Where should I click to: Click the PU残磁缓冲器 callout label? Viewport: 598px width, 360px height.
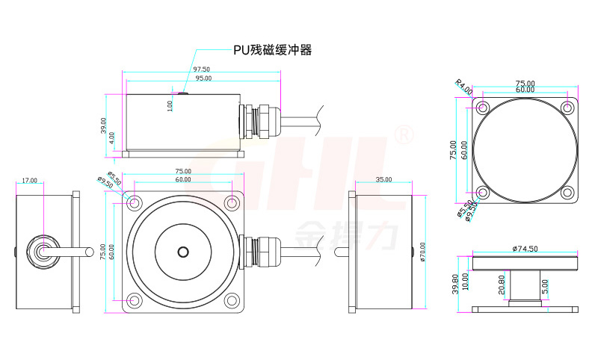click(x=271, y=50)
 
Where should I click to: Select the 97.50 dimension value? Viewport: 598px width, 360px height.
click(x=202, y=69)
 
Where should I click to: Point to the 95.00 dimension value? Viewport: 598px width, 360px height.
click(x=202, y=78)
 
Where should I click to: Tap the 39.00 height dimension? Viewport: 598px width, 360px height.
click(x=103, y=125)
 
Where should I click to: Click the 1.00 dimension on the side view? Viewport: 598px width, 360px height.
click(x=170, y=106)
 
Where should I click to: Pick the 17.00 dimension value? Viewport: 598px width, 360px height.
click(x=30, y=180)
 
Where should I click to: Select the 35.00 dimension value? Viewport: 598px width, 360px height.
click(x=383, y=180)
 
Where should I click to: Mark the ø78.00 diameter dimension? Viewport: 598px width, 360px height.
click(x=423, y=251)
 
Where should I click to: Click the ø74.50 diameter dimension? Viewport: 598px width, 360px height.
click(x=525, y=248)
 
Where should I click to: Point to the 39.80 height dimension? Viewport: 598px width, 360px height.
click(x=455, y=283)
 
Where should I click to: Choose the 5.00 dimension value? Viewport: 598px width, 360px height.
click(x=545, y=285)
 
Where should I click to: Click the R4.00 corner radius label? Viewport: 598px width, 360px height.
click(x=464, y=87)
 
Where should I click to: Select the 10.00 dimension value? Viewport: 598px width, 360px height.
click(x=464, y=282)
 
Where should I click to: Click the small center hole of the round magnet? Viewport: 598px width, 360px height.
click(x=182, y=252)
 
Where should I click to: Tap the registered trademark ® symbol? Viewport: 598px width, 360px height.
click(x=403, y=136)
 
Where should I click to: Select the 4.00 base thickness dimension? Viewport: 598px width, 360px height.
click(x=111, y=137)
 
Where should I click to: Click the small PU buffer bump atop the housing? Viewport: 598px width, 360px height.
click(x=182, y=93)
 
